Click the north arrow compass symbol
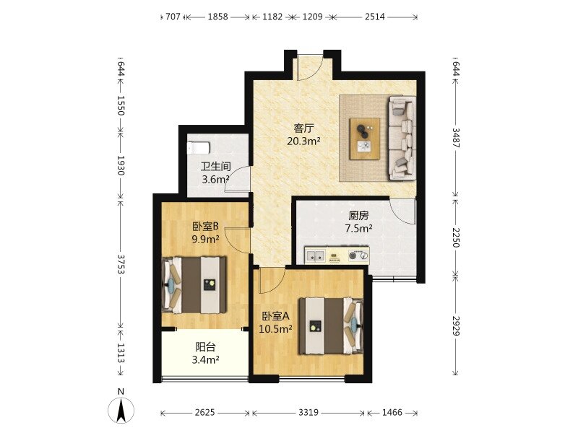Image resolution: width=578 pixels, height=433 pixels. click(x=121, y=409)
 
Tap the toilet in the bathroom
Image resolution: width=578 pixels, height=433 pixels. click(x=198, y=148)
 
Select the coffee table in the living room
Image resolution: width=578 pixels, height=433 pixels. click(x=365, y=139)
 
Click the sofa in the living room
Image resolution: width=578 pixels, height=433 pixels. click(x=401, y=138)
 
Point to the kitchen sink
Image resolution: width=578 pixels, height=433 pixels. click(x=315, y=255)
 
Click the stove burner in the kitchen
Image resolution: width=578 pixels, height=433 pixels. click(x=358, y=255)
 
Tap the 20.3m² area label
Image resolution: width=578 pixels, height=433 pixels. click(x=303, y=141)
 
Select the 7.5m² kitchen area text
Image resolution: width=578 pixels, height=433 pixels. click(x=358, y=229)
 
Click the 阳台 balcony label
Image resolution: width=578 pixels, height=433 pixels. click(x=205, y=347)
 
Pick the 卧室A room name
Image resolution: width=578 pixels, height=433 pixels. click(x=276, y=316)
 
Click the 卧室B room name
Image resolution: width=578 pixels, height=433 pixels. click(x=206, y=225)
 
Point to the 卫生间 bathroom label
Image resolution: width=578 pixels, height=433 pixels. click(x=215, y=167)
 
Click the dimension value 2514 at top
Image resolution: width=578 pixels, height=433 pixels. click(x=375, y=17)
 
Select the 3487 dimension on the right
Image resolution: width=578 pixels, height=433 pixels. click(x=456, y=138)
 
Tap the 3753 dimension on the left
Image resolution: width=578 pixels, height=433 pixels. click(x=121, y=264)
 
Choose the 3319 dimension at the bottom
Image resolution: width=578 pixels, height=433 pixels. click(x=309, y=413)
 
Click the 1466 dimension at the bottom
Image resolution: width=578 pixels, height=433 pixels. click(x=392, y=413)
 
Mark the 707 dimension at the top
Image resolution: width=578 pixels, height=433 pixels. click(x=173, y=17)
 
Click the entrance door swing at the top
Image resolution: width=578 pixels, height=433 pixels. click(x=311, y=67)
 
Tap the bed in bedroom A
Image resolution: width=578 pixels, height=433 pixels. click(x=331, y=326)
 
